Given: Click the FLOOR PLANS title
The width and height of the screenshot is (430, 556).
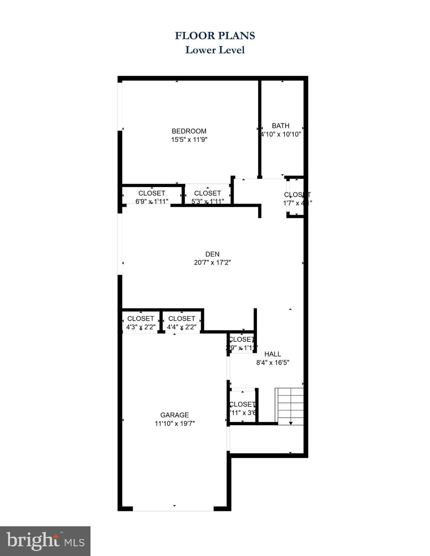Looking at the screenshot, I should point(215,35).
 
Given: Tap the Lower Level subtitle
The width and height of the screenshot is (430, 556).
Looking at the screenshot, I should point(215,50).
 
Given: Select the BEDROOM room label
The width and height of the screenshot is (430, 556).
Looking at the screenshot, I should point(189,131).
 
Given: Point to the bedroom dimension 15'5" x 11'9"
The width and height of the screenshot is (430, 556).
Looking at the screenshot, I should point(189,140).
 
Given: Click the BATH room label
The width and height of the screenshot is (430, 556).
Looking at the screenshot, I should point(281,126).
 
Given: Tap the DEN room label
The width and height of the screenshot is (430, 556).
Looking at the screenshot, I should point(212,254).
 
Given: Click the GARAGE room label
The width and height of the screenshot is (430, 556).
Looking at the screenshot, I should point(175,415).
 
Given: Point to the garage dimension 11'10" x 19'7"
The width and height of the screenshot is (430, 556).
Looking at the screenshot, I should point(175,424).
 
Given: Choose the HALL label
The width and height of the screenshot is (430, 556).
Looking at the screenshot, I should point(272,354).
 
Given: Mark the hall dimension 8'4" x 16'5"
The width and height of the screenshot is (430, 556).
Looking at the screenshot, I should point(272,363).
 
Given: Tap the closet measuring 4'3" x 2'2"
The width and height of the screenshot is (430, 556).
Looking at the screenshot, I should point(141,322).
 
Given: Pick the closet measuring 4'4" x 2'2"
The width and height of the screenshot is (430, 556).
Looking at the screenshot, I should point(181,322).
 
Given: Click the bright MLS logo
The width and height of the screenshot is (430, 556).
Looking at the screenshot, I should point(45,541).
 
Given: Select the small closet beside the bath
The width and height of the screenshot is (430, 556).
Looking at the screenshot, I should point(297,198).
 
